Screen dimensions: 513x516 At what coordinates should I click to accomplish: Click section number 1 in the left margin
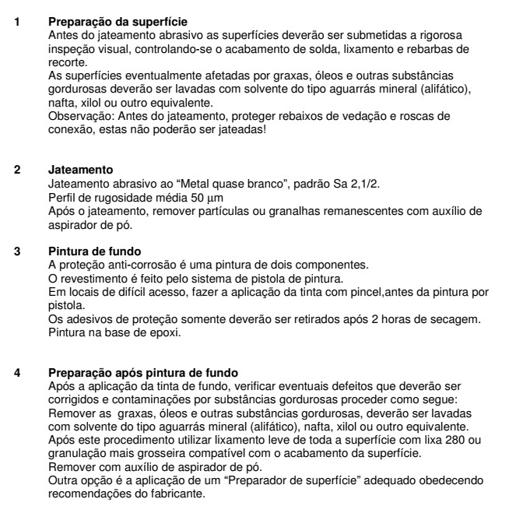(x=19, y=16)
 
